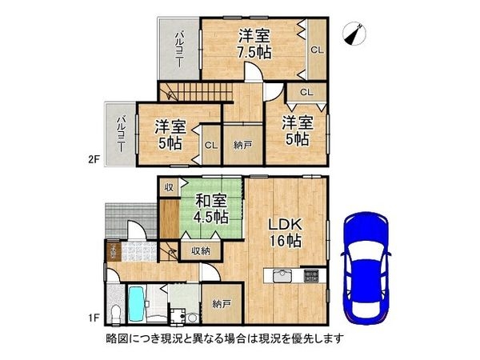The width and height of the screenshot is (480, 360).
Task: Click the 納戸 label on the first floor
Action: pos(222,304)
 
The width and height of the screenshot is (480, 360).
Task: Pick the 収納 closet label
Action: pos(200,251)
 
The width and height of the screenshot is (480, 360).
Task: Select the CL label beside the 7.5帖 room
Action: pos(317,49)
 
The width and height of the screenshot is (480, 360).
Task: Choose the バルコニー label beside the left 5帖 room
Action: pos(120,134)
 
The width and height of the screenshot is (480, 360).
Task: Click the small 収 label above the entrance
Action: pos(170,187)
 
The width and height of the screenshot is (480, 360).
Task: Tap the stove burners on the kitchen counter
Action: pos(310,277)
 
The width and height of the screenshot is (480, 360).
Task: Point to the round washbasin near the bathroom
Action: pos(192,316)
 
